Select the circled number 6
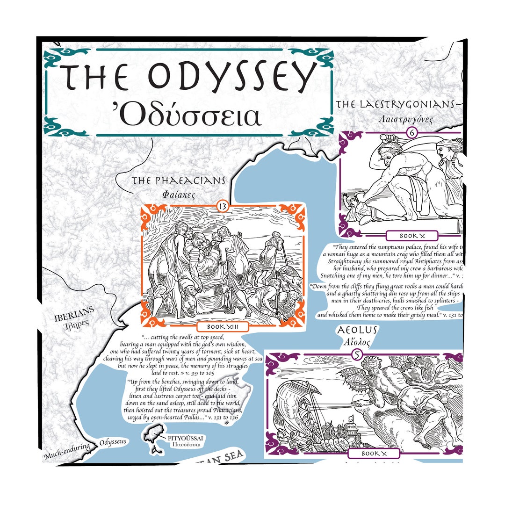(x=412, y=132)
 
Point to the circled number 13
(x=223, y=205)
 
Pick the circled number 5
(x=357, y=355)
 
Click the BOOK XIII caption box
(x=223, y=326)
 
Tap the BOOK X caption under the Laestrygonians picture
(x=412, y=236)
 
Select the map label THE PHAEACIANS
(x=179, y=181)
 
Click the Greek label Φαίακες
(x=178, y=193)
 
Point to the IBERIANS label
(x=74, y=310)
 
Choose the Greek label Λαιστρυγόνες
(x=406, y=119)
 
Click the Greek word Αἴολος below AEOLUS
(x=357, y=343)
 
